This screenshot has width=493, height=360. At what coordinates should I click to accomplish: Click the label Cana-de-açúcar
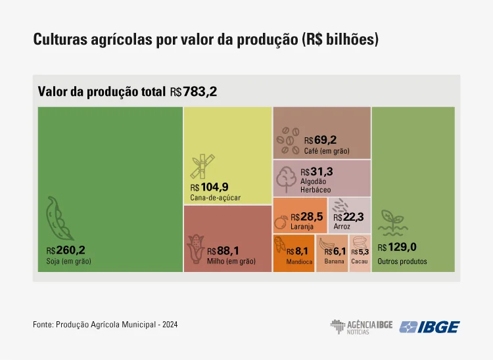[x=216, y=197]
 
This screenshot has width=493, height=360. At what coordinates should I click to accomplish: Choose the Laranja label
[x=302, y=227]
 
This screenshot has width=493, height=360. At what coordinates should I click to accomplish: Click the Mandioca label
[x=299, y=261]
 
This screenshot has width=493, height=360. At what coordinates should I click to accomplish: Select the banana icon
[x=326, y=244]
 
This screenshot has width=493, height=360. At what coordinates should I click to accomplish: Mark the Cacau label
[x=360, y=261]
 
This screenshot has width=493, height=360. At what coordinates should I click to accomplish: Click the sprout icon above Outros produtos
[x=392, y=224]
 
